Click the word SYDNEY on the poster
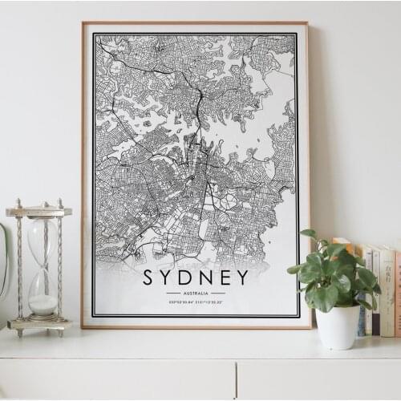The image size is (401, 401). tap(196, 277)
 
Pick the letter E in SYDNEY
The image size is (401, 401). tap(224, 277)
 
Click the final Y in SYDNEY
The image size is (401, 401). tap(241, 277)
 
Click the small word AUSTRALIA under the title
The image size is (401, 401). tap(196, 294)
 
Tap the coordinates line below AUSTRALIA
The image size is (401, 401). tap(196, 302)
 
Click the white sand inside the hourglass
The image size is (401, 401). tap(43, 304)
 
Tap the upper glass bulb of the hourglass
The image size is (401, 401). tap(42, 241)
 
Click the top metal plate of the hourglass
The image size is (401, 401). tap(38, 212)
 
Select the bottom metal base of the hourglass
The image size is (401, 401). tap(39, 325)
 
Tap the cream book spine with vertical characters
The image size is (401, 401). tap(387, 293)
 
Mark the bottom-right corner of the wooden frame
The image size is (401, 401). tap(310, 327)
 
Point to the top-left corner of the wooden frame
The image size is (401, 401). tap(83, 23)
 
